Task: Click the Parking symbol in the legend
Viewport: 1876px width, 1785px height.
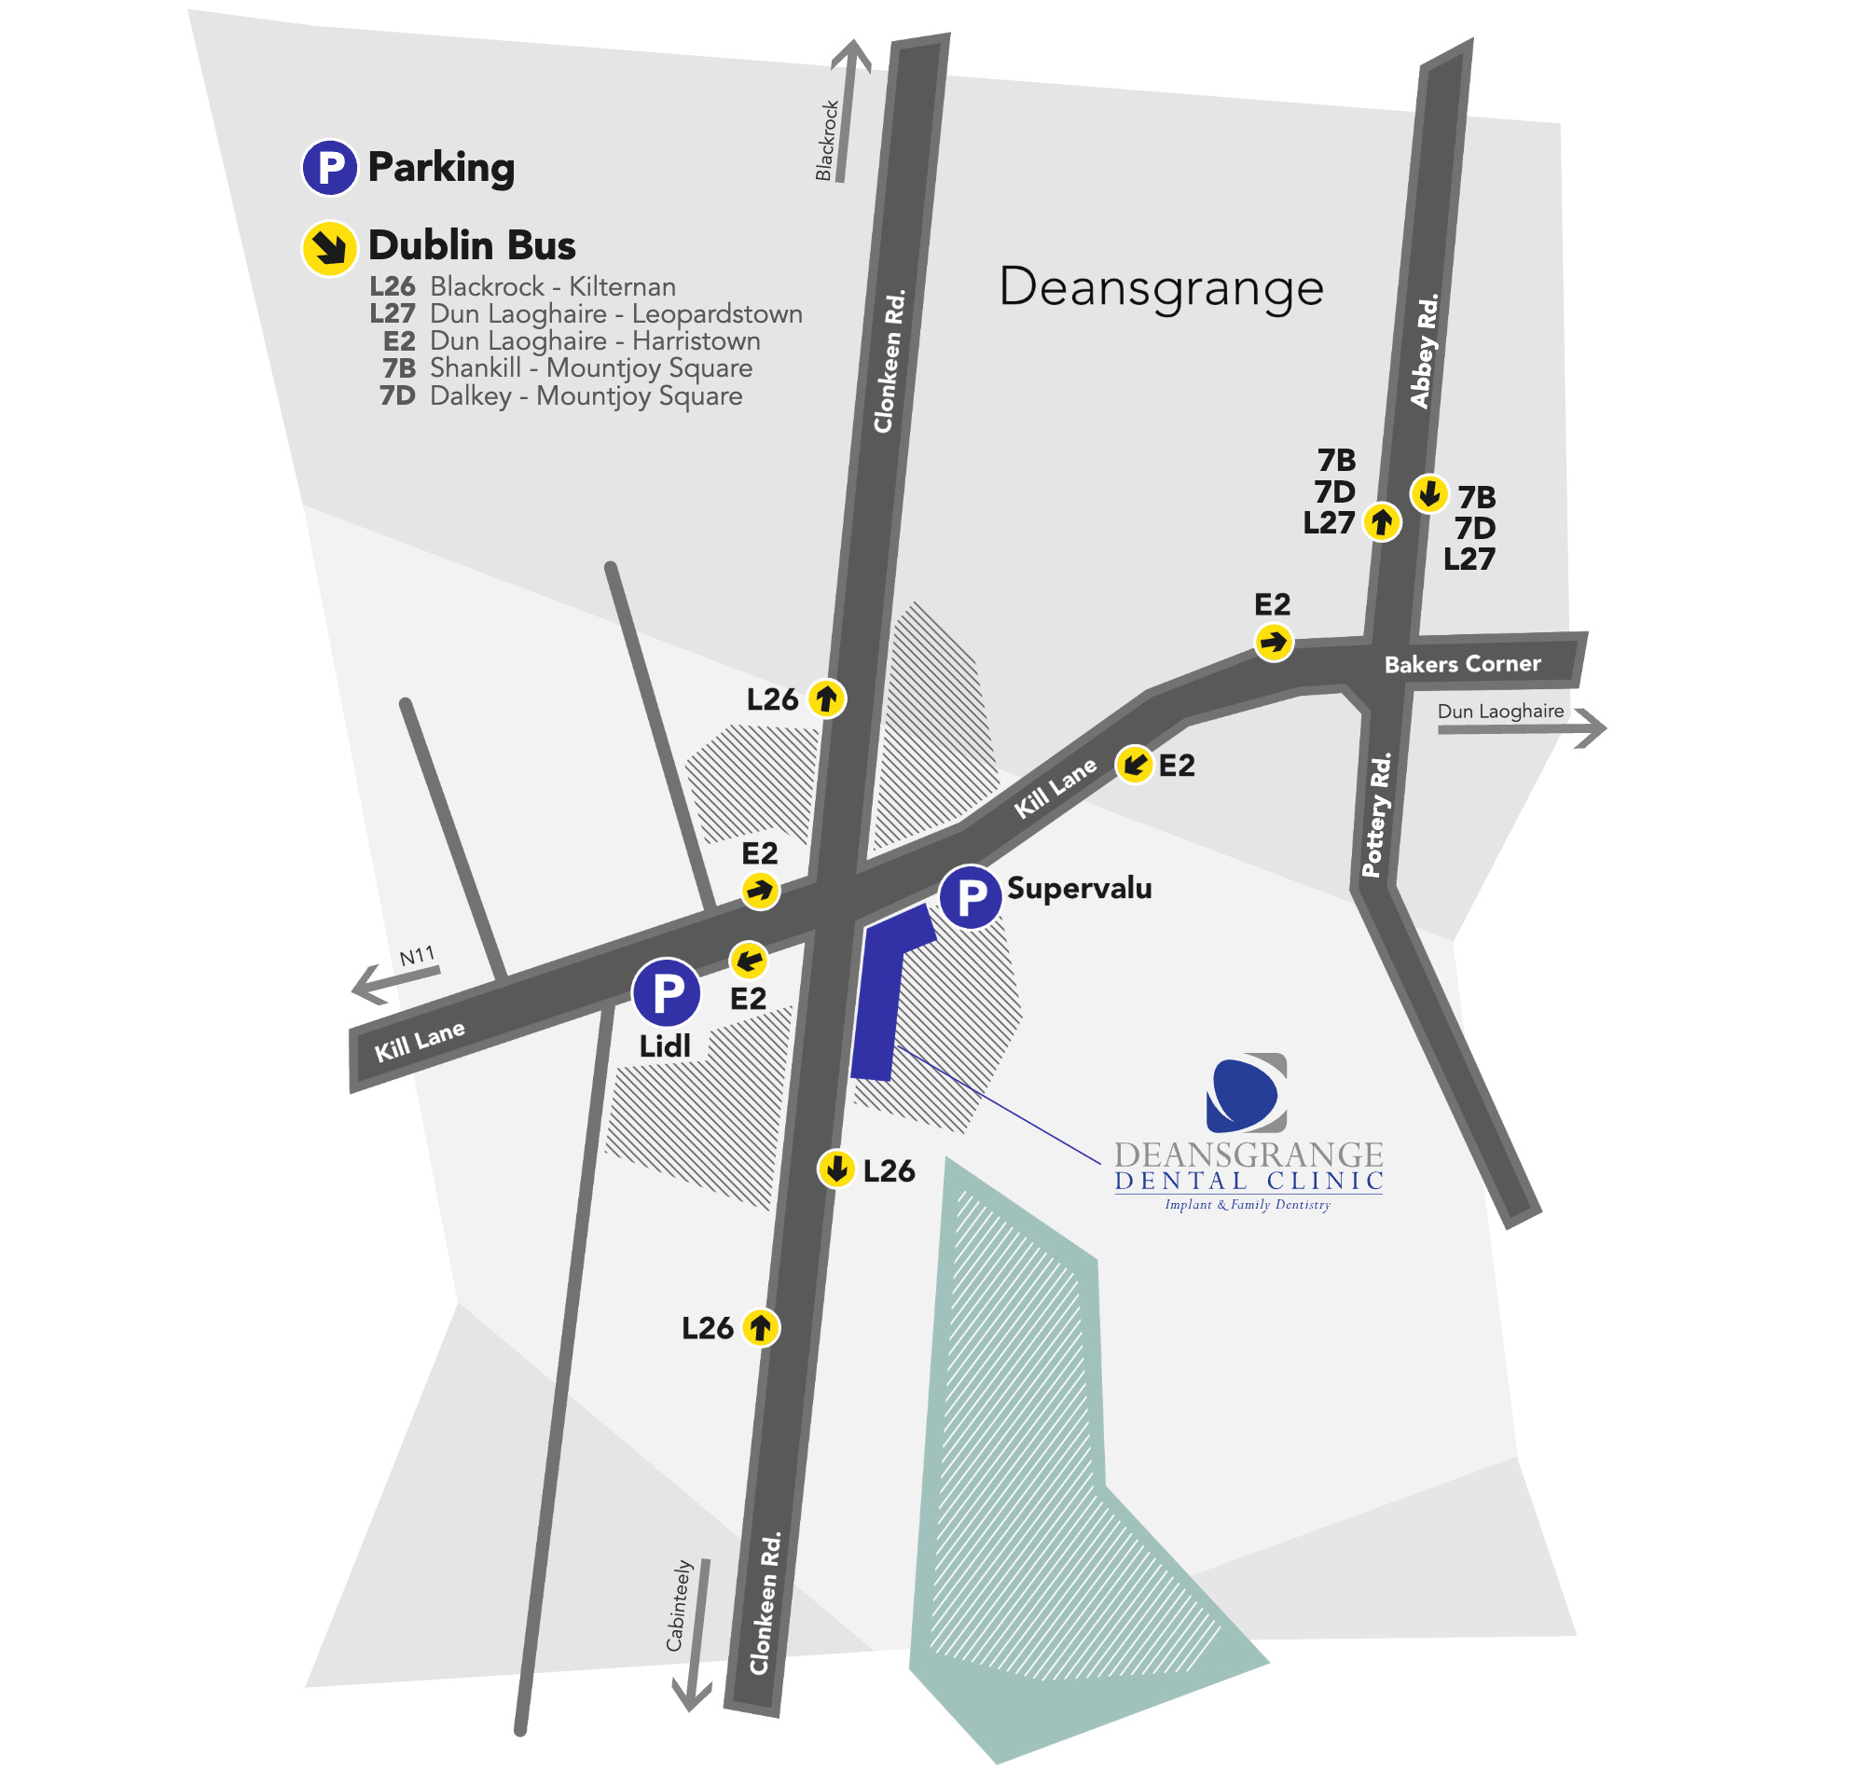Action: tap(329, 168)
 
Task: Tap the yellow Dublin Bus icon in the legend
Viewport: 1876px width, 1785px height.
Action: tap(329, 248)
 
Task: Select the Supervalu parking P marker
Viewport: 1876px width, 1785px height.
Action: tap(970, 896)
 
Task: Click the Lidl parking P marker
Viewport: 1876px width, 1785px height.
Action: tap(666, 991)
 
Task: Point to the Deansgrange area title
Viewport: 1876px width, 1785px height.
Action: tap(1161, 286)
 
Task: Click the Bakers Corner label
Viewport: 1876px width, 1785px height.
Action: tap(1461, 664)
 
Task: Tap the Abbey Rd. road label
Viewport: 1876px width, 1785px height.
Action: tap(1424, 351)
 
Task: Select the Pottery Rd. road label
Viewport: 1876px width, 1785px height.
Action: tap(1376, 814)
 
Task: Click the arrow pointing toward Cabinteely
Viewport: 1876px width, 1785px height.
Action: tap(696, 1638)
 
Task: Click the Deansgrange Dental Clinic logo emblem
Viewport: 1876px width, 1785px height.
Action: tap(1246, 1093)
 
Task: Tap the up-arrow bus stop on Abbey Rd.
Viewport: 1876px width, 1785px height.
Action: tap(1381, 521)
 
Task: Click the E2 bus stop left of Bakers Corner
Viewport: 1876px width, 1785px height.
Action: tap(1273, 643)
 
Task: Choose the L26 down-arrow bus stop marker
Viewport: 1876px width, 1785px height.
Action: tap(836, 1169)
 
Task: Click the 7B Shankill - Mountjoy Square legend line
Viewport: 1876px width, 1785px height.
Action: tap(567, 368)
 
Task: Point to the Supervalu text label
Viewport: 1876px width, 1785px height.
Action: tap(1079, 889)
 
